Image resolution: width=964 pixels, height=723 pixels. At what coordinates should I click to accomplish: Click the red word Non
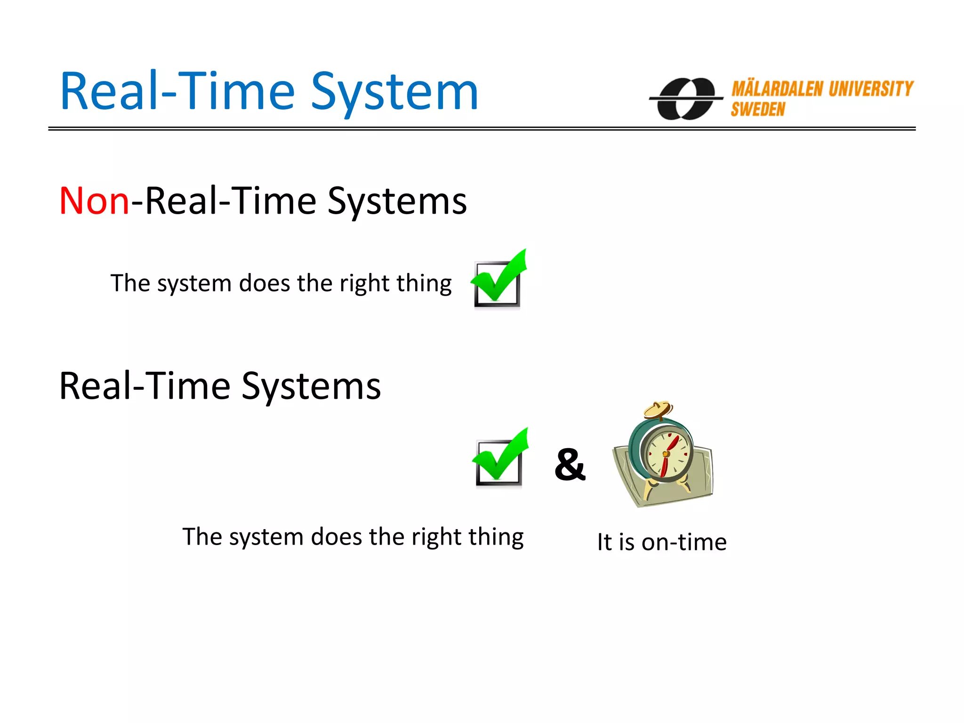(94, 201)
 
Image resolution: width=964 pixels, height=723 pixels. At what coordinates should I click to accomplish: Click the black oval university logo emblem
(686, 98)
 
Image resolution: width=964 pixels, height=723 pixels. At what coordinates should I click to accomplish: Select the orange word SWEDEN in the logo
(758, 110)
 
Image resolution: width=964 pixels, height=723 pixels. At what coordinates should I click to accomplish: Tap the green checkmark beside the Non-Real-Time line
(499, 279)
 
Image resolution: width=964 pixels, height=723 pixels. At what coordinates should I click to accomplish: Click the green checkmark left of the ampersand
(500, 458)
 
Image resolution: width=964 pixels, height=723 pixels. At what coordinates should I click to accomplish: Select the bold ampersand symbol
(570, 465)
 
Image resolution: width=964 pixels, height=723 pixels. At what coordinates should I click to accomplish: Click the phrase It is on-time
(662, 542)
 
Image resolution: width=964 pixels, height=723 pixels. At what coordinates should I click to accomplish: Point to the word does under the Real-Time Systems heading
(336, 537)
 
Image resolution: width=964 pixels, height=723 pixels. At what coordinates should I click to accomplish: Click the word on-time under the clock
(684, 542)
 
